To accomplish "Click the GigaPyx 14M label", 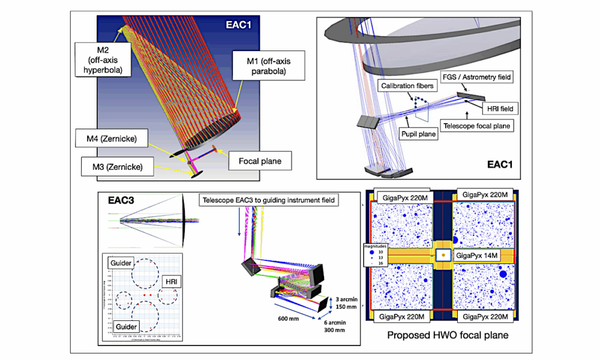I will tap(477, 255).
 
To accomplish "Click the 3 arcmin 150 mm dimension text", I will tap(343, 301).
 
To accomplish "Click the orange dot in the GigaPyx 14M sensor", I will tap(443, 255).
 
